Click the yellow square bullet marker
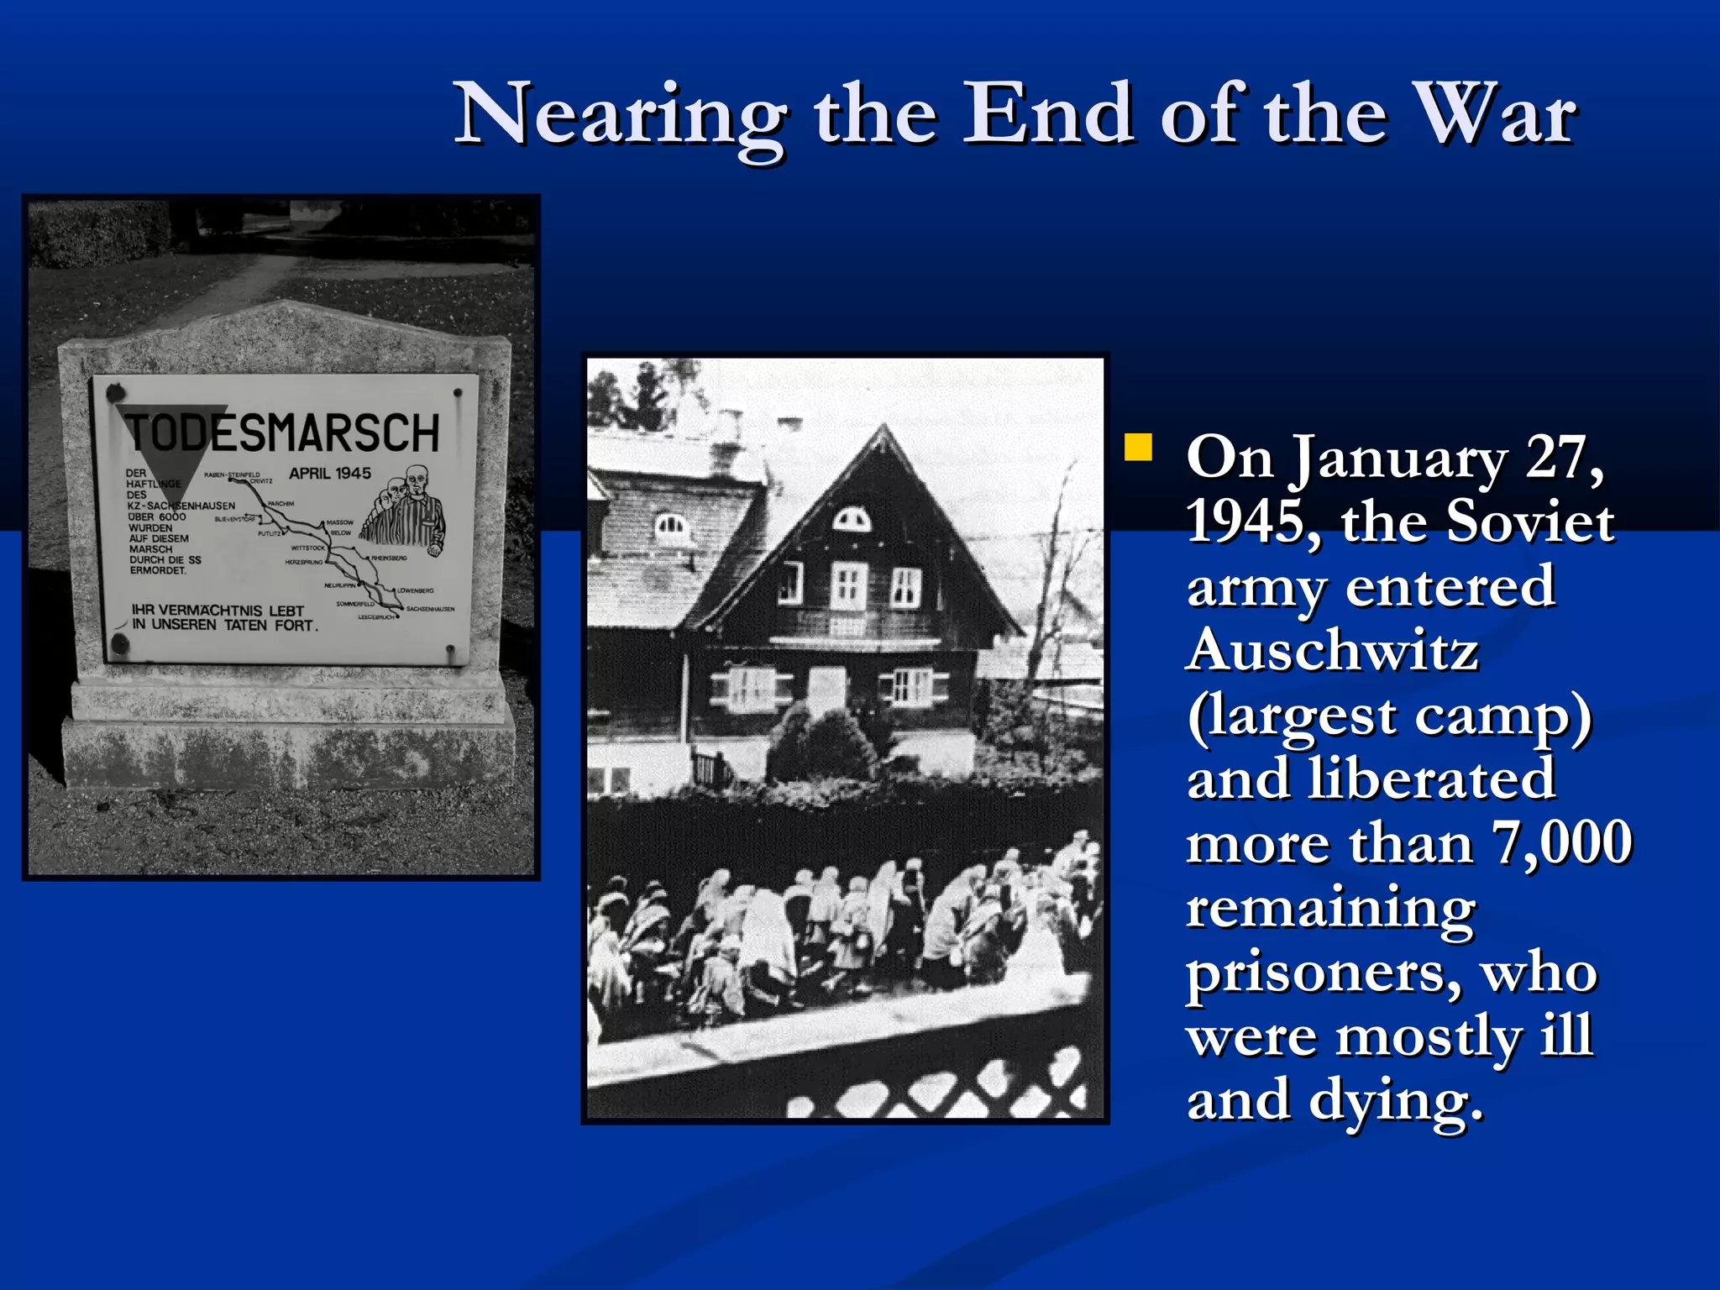click(x=1138, y=448)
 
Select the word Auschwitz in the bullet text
click(x=1333, y=651)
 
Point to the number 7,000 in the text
click(x=1561, y=843)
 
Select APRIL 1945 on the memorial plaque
click(x=330, y=474)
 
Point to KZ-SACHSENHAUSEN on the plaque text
click(x=181, y=506)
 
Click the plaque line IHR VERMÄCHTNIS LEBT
click(x=218, y=611)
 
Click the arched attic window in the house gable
click(x=851, y=520)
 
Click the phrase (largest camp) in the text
click(x=1389, y=716)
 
